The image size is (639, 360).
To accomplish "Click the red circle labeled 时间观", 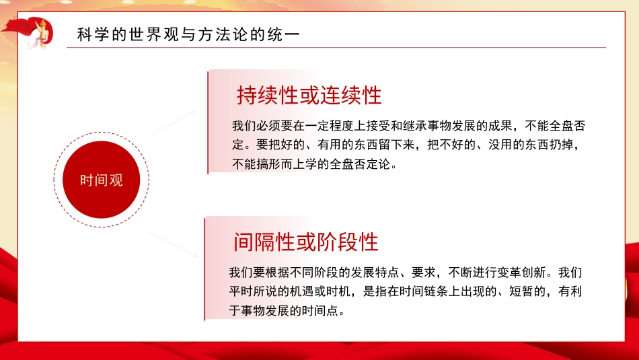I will (x=102, y=180).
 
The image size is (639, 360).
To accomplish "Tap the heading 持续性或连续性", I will (x=309, y=96).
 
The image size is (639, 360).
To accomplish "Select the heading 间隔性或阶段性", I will (x=306, y=241).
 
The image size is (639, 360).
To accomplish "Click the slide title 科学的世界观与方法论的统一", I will (x=188, y=35).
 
